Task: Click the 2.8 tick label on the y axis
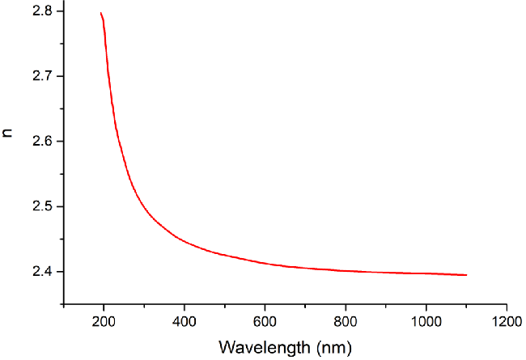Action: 42,11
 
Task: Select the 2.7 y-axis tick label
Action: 42,76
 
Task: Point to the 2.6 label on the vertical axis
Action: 42,142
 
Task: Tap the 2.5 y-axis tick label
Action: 42,206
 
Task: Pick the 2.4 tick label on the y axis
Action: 42,271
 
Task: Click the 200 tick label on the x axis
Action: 104,320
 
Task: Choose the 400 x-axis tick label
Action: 185,320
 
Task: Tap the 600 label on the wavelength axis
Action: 265,320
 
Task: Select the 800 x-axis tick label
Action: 346,320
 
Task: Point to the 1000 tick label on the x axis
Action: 426,320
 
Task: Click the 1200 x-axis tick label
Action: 507,320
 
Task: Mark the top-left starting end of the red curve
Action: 100,13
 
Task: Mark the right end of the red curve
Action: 467,275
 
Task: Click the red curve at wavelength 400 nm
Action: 185,241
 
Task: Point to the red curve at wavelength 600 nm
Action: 265,262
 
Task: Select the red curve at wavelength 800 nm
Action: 346,270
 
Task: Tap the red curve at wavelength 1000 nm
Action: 426,273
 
